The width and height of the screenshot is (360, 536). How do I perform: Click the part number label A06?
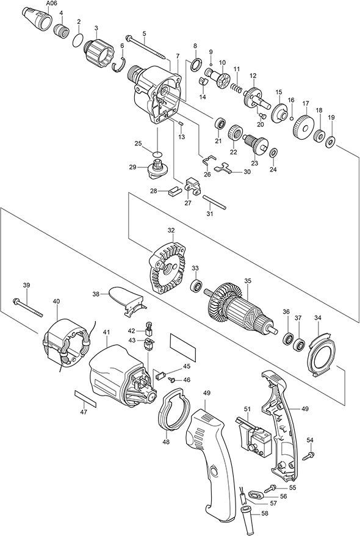pos(51,4)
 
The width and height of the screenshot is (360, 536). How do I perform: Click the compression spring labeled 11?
pos(236,87)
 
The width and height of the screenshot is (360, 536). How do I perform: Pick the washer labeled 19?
pos(331,141)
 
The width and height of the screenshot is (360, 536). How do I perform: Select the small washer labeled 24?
pos(273,152)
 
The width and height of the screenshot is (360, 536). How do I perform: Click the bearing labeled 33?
pos(197,284)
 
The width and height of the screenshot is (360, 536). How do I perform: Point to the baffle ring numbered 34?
pos(320,353)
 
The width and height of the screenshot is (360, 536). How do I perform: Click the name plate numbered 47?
pos(85,398)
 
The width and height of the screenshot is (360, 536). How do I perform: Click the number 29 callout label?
pos(132,167)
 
